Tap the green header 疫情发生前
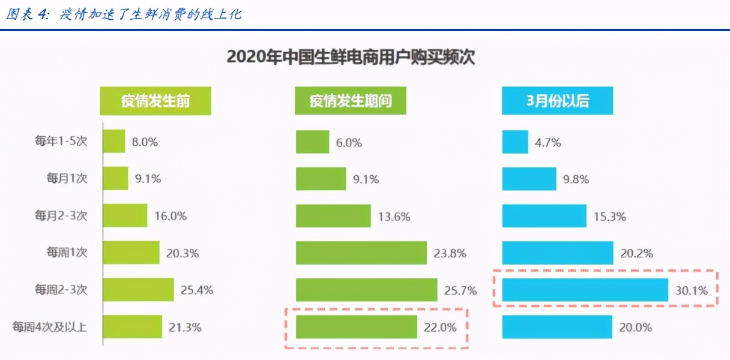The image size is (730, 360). click(155, 101)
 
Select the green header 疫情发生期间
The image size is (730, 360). click(350, 101)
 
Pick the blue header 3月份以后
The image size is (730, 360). click(557, 101)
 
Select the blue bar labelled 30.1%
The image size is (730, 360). click(585, 290)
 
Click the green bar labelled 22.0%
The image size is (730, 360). click(356, 327)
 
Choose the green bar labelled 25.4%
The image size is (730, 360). click(139, 290)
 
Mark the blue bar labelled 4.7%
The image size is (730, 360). click(515, 142)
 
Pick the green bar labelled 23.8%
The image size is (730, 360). click(361, 253)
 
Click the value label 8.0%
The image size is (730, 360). click(144, 142)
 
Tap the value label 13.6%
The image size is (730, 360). click(394, 217)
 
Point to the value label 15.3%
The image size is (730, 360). click(609, 217)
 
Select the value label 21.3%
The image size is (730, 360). click(185, 328)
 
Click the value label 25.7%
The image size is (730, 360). click(460, 290)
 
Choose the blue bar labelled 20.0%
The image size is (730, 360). click(557, 327)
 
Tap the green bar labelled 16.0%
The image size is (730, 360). click(125, 215)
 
